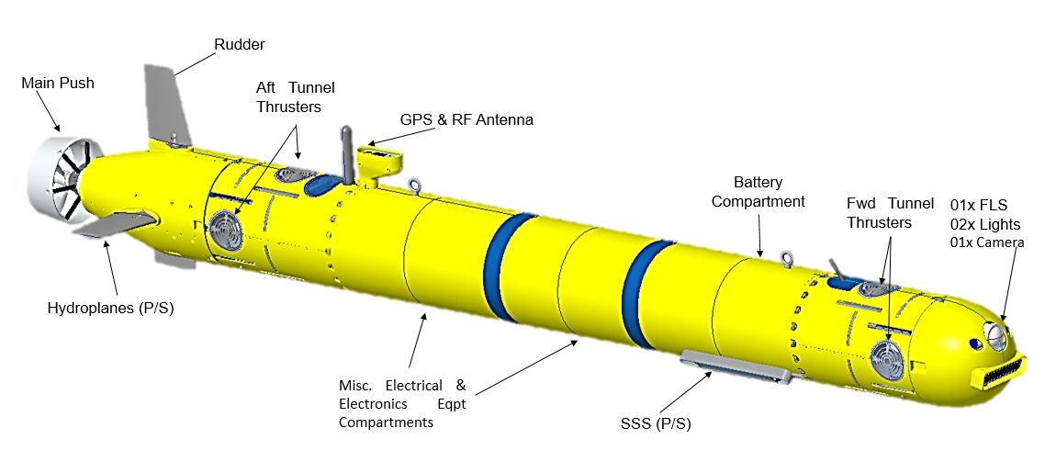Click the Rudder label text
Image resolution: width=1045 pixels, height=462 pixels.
[240, 45]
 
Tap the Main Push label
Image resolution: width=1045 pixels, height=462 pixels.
[58, 84]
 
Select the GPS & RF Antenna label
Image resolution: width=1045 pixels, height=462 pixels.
[466, 120]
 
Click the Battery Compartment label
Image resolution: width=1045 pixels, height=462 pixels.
[758, 191]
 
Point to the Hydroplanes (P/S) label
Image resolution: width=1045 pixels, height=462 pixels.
[110, 309]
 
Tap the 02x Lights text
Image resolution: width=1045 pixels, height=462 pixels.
[985, 224]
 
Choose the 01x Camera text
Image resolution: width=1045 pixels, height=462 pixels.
[986, 242]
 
